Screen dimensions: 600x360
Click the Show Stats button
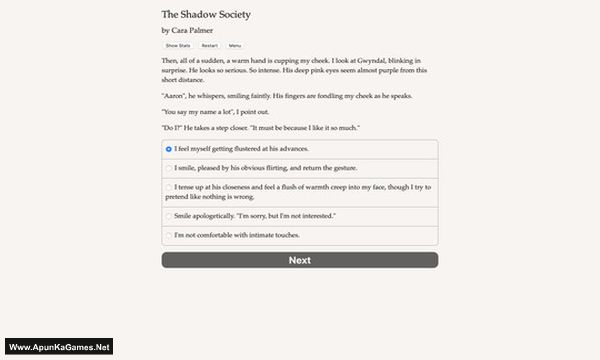177,46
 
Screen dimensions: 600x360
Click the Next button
299,260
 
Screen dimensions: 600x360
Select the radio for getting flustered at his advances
169,148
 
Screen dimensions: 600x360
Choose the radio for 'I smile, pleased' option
169,167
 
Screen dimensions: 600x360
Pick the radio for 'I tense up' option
169,187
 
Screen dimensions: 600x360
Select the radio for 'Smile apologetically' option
169,215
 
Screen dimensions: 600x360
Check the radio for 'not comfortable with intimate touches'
169,234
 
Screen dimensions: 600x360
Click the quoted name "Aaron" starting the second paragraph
176,96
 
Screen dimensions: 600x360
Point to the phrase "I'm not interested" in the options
325,215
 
